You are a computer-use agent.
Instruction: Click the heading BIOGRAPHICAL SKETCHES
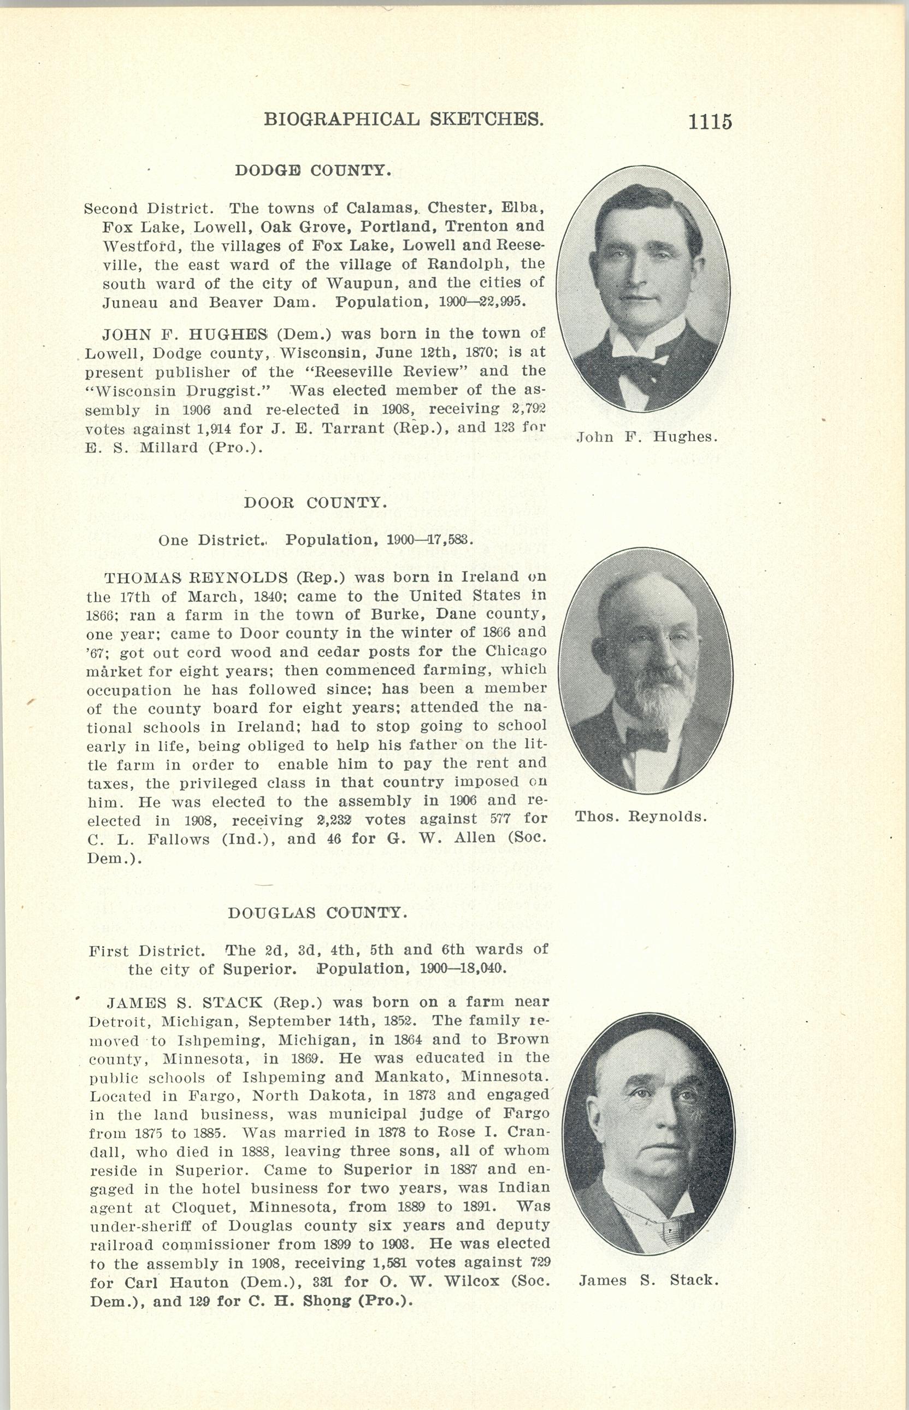(403, 119)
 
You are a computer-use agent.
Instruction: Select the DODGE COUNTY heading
(313, 171)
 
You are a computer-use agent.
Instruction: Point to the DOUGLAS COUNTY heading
(317, 913)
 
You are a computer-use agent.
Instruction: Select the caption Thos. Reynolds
(640, 817)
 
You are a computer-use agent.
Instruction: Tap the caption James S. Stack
(648, 1280)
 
